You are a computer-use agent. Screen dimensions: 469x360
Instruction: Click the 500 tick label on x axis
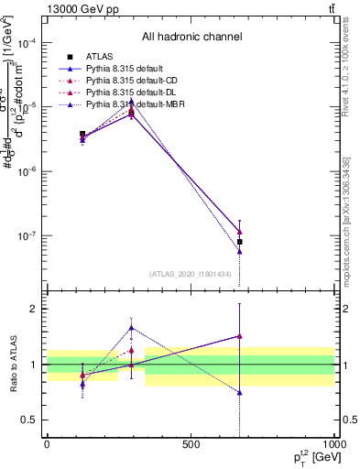pos(191,444)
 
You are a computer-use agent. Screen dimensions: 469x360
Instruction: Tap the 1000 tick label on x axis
pos(333,444)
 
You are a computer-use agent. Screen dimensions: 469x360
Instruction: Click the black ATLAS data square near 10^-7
pos(240,242)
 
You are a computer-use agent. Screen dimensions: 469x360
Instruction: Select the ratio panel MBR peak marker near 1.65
pos(132,328)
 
